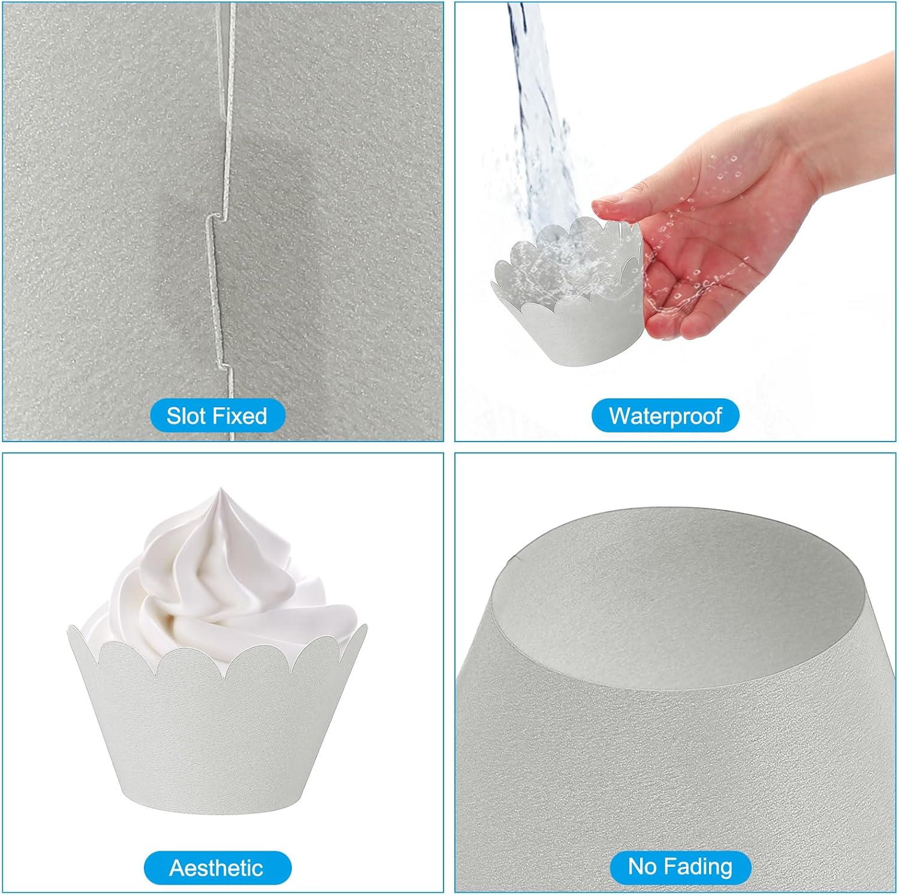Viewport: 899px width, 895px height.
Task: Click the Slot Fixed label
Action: (x=217, y=416)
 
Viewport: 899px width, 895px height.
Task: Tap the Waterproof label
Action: (x=665, y=416)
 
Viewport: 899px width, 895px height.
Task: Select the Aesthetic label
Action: (x=217, y=867)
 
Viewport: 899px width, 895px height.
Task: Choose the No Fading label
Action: (x=680, y=866)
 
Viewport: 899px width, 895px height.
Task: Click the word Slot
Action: (x=186, y=416)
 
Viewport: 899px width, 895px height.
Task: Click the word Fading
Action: (x=699, y=867)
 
